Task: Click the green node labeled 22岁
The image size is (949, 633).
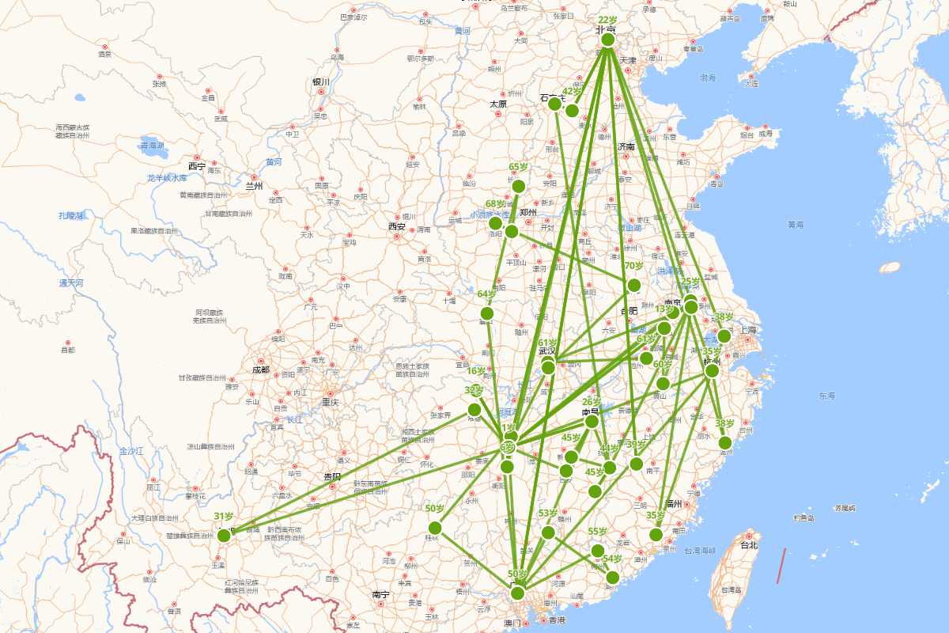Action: tap(607, 40)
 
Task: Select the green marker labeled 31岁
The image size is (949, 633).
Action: tap(224, 536)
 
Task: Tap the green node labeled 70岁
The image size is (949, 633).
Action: tap(633, 286)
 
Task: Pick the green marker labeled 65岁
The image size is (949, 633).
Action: tap(518, 186)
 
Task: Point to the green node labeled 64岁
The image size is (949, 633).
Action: tap(487, 313)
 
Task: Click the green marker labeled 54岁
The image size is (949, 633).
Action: tap(612, 577)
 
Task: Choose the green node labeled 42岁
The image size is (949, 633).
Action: tap(572, 110)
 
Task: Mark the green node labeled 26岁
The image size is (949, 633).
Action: tap(592, 422)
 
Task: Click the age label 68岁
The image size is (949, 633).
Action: tap(494, 204)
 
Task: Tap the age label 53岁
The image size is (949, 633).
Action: tap(547, 513)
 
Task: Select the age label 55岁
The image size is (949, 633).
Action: tap(597, 532)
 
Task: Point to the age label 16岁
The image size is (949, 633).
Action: tap(476, 371)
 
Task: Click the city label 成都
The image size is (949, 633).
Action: tap(260, 370)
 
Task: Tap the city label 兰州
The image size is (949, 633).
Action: tap(253, 187)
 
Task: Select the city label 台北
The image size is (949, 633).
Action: tap(747, 544)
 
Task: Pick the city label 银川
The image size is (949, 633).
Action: tap(320, 81)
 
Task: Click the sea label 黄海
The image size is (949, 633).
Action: tap(796, 225)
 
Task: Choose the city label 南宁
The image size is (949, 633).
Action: tap(380, 593)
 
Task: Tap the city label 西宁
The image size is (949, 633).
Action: tap(196, 166)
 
